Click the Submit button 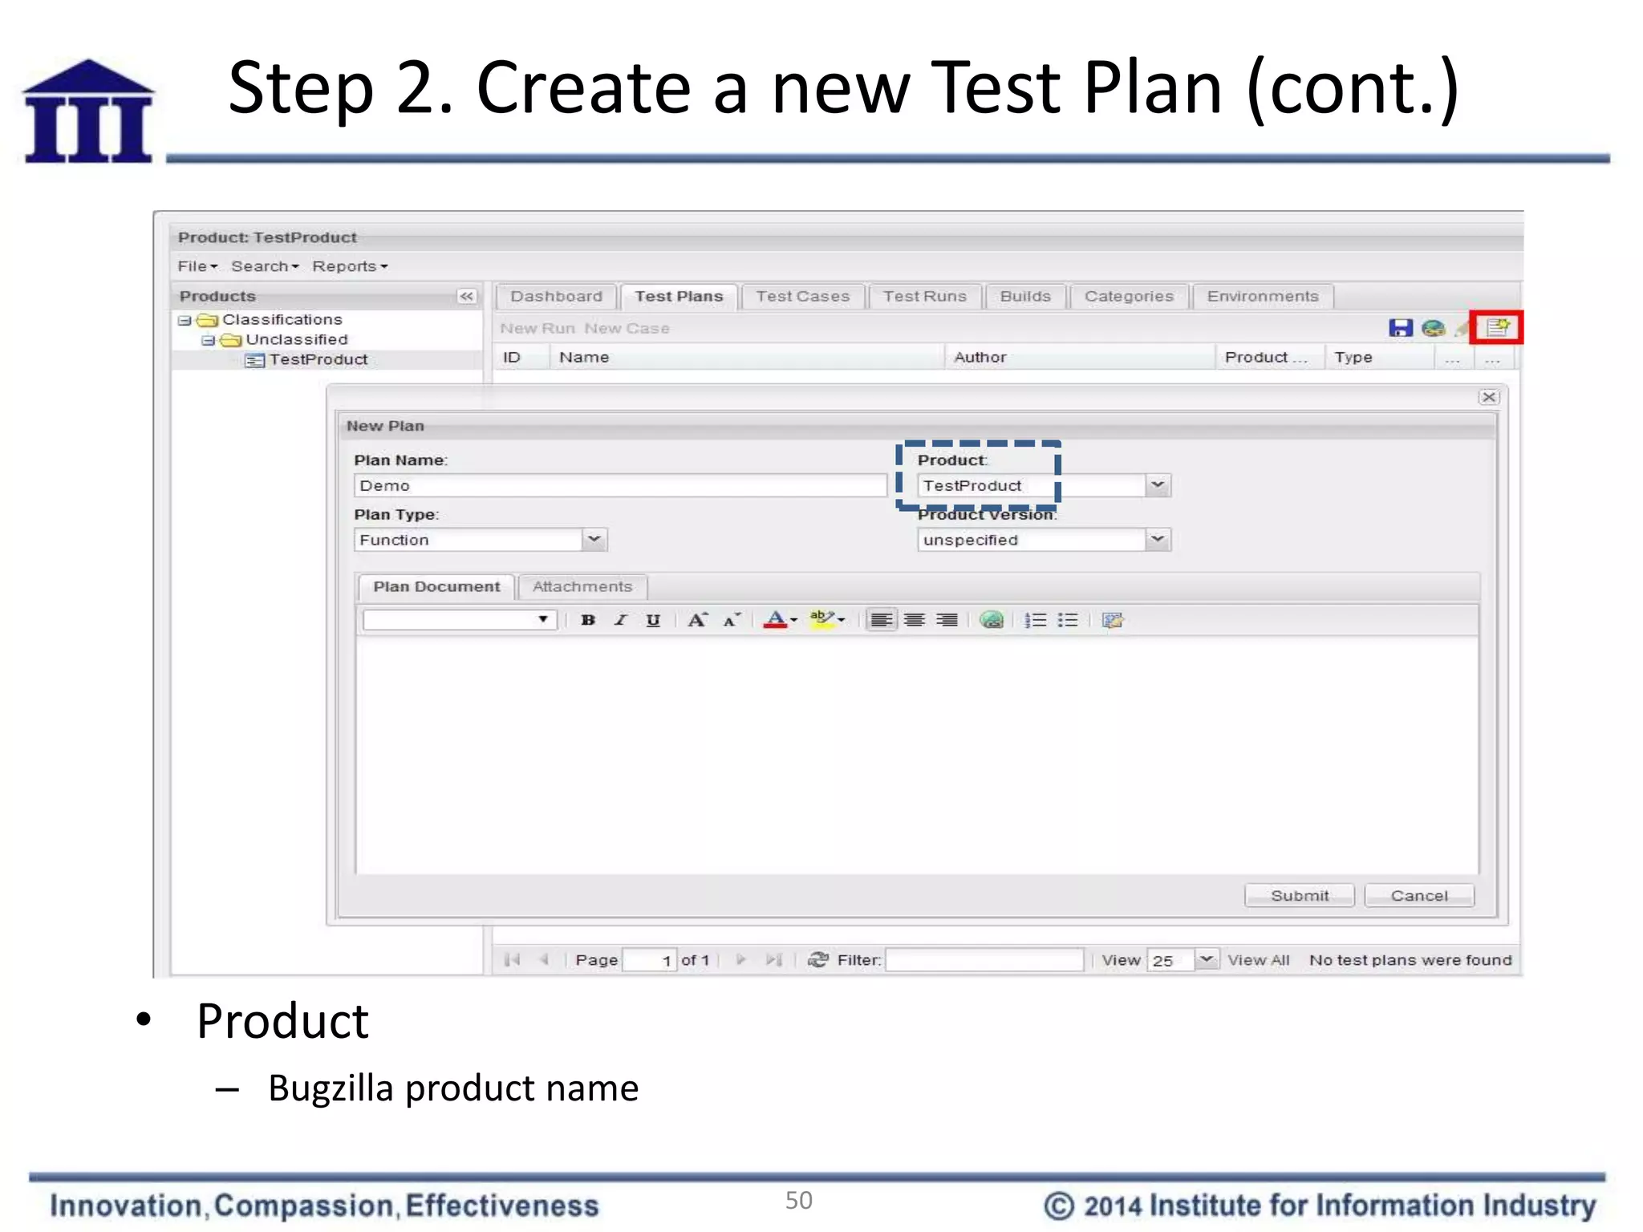tap(1299, 895)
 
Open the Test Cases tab tap(802, 296)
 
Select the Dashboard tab tap(556, 296)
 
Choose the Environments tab tap(1262, 296)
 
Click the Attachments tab tap(582, 586)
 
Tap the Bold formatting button tap(588, 620)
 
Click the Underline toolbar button tap(653, 620)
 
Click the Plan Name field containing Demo tap(619, 485)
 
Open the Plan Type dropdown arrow tap(594, 539)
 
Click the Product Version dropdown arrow tap(1157, 539)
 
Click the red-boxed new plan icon tap(1497, 327)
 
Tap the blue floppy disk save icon tap(1400, 327)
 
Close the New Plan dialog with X tap(1489, 397)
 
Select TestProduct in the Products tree tap(318, 359)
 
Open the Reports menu tap(349, 266)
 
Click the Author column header tap(980, 357)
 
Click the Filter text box tap(984, 959)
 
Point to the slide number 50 tap(798, 1200)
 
